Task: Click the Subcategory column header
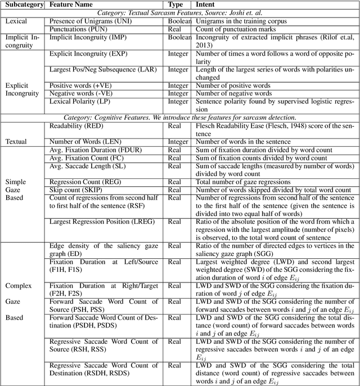tap(24, 4)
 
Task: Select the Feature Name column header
tap(72, 4)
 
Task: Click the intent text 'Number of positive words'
tap(233, 86)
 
